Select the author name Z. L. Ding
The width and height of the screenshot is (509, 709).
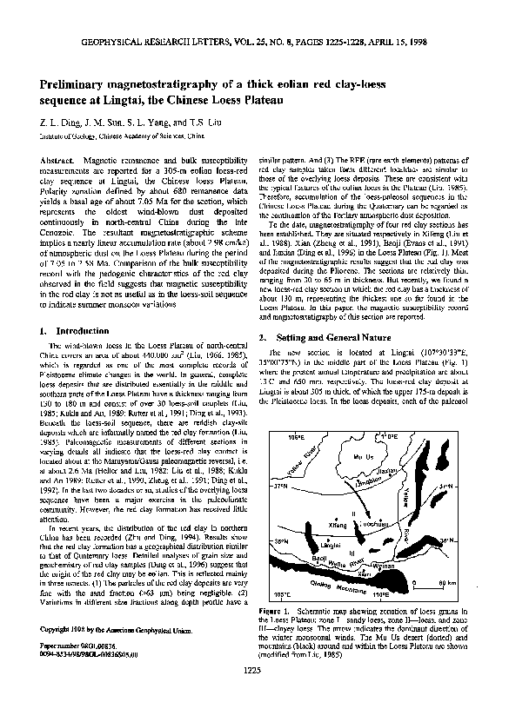coord(59,123)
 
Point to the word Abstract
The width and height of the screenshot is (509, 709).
coord(57,162)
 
